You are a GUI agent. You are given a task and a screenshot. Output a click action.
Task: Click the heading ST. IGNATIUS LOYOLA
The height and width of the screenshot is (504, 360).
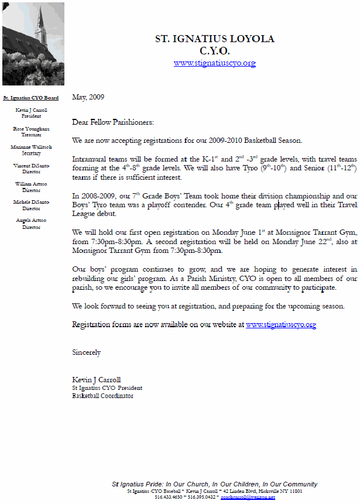pos(215,39)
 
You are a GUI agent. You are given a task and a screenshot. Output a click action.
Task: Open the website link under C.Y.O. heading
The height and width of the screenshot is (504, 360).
pos(215,63)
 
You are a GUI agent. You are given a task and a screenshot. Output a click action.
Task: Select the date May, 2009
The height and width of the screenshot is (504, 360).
pos(88,97)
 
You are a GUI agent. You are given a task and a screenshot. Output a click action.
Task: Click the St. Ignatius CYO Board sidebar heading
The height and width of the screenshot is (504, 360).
pos(30,98)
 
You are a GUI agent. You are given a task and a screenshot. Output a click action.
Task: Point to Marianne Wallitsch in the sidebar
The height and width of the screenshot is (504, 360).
pos(31,148)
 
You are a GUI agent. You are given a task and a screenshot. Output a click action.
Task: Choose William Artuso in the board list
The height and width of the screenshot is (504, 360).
pos(31,184)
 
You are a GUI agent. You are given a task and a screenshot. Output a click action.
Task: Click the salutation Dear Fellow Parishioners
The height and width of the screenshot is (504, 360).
pos(113,122)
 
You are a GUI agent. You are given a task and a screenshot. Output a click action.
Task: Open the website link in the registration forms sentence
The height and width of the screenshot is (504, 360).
pos(281,324)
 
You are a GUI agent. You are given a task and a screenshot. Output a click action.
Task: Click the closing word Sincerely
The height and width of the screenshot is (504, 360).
pos(86,352)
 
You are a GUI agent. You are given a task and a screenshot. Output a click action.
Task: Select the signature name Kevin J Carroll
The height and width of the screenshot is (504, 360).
pos(97,380)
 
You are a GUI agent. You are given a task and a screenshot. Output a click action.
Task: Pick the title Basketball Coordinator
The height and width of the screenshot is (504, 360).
pos(102,396)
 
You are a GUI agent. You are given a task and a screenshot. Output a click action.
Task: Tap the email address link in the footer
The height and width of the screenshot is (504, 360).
pos(248,497)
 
